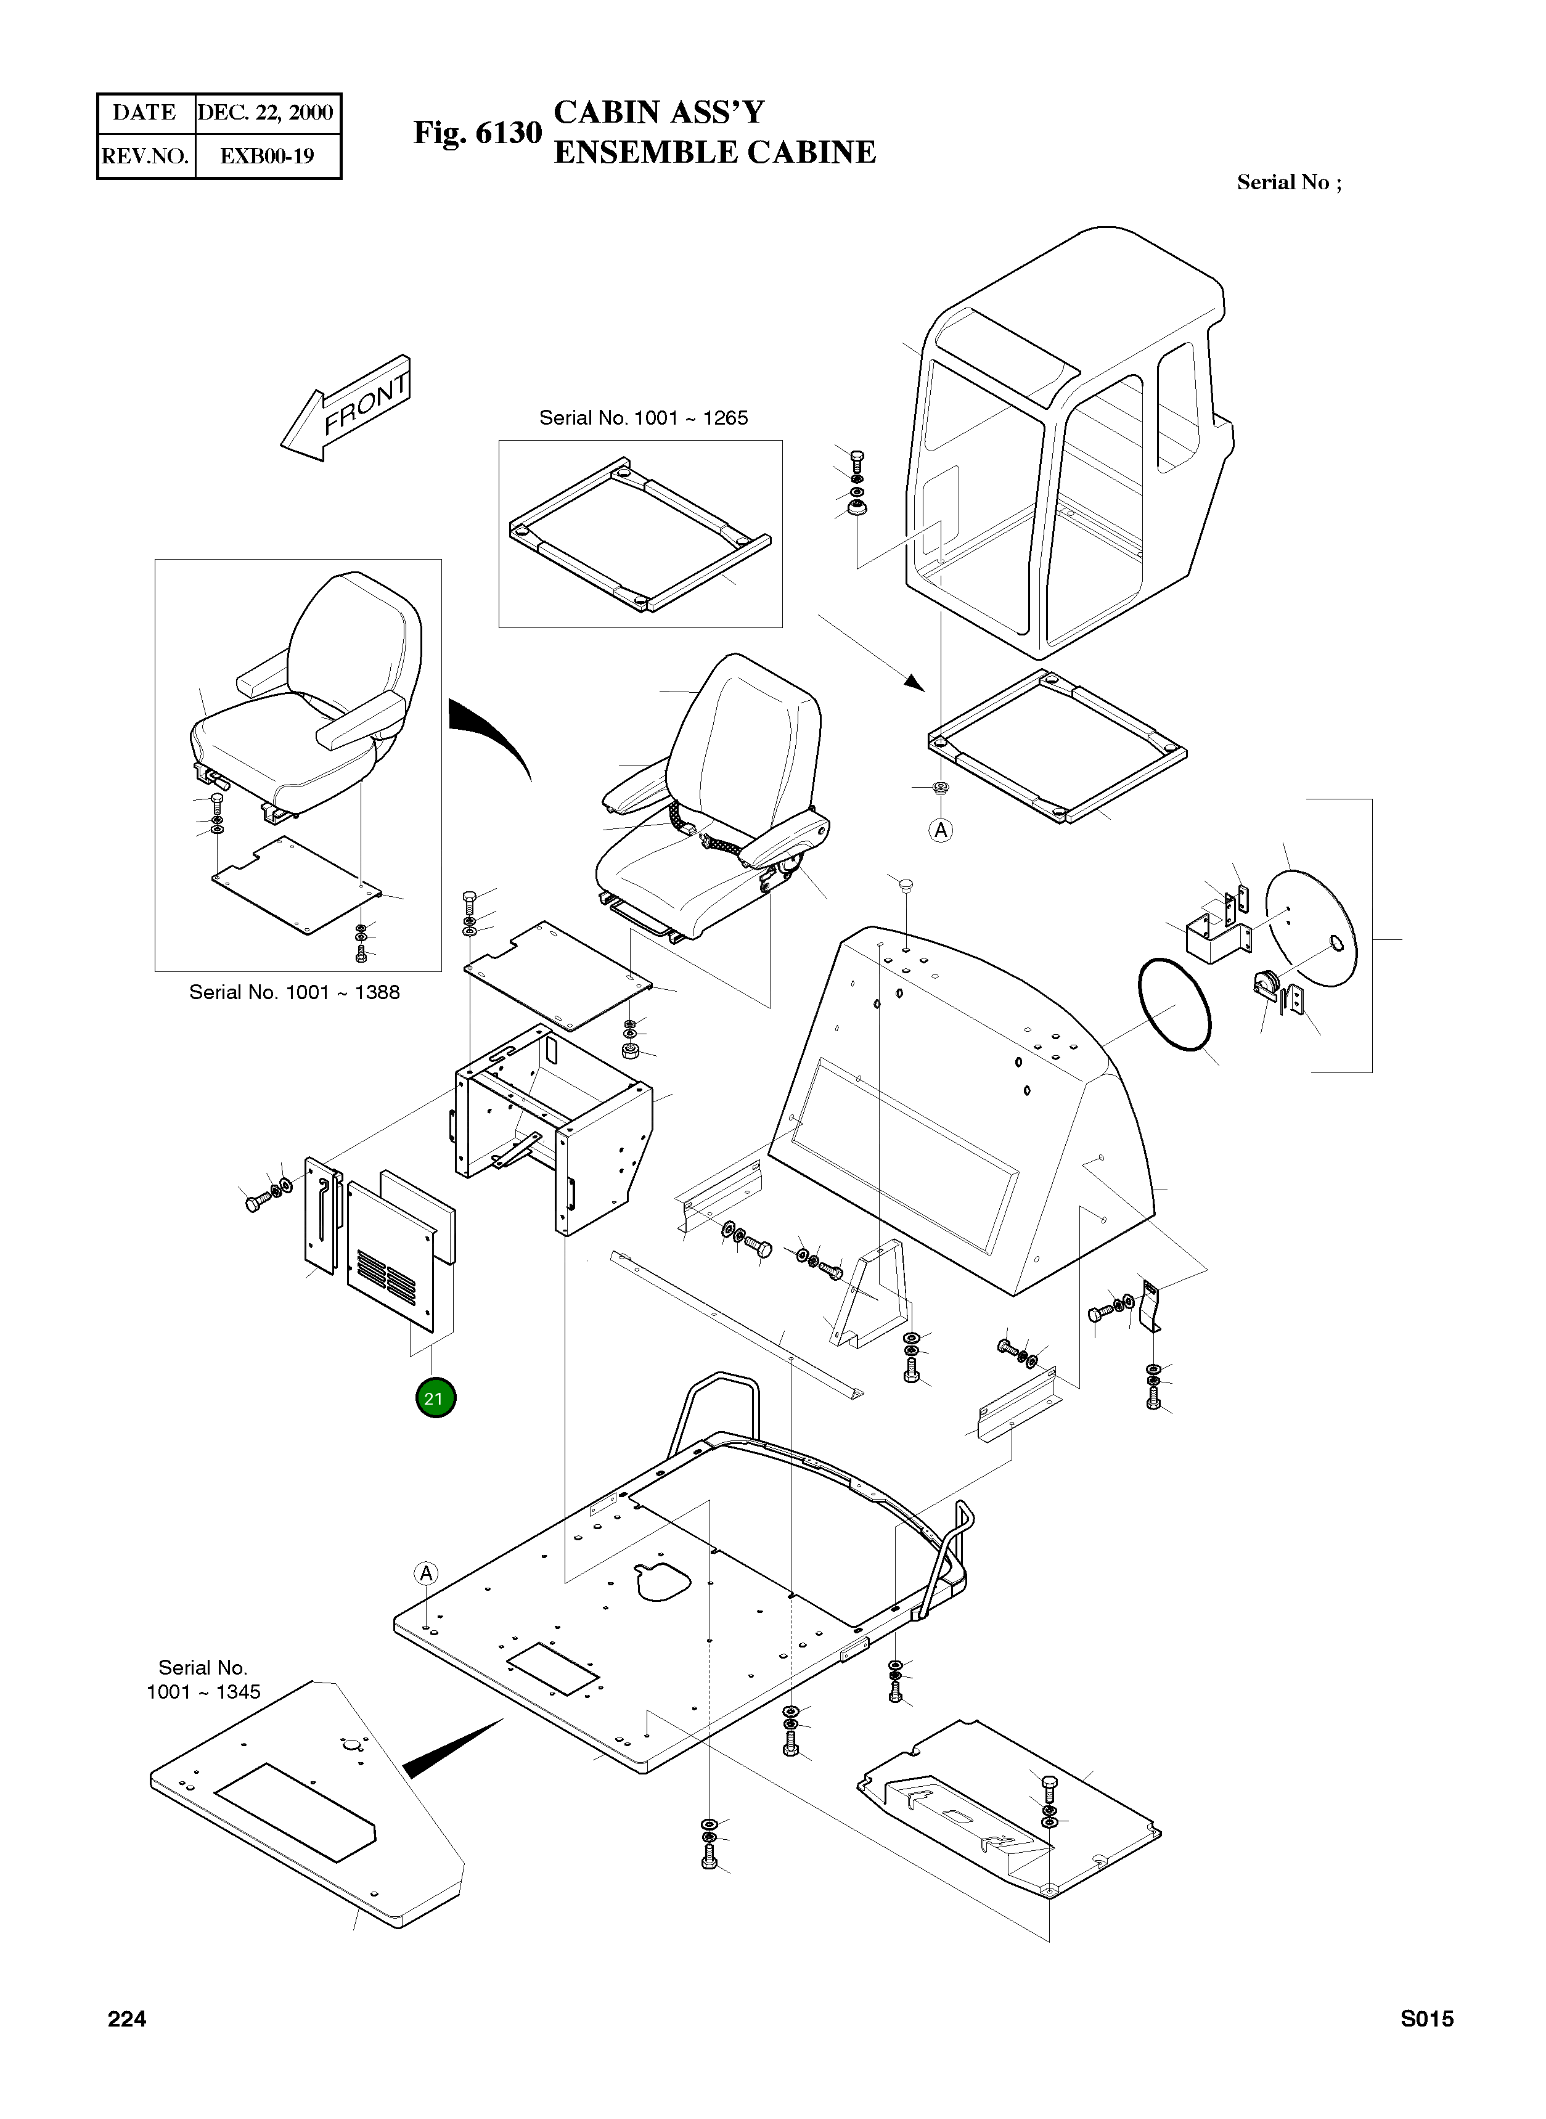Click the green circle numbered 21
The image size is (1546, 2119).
click(434, 1398)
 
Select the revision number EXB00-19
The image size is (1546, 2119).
click(267, 156)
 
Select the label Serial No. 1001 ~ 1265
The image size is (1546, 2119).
click(643, 418)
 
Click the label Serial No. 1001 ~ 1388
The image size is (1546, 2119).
click(294, 992)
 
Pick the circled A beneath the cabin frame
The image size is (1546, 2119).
click(941, 830)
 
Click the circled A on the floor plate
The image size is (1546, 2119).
click(426, 1574)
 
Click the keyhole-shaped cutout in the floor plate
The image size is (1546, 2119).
click(663, 1580)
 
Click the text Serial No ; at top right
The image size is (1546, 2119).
click(1289, 182)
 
